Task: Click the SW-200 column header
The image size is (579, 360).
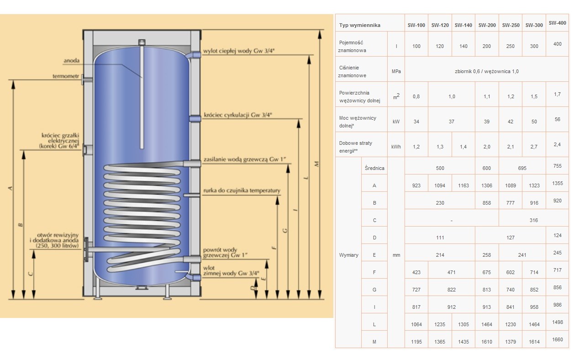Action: [487, 25]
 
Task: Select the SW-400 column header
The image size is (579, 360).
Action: [557, 22]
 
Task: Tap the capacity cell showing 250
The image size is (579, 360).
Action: [511, 46]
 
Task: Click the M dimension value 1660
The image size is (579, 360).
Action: [557, 339]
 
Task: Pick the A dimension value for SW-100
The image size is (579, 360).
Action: [416, 185]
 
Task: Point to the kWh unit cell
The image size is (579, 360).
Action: [395, 147]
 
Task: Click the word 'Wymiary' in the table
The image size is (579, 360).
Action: [349, 255]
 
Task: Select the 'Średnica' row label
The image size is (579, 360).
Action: [374, 168]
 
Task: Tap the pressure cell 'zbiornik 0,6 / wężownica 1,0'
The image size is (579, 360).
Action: [487, 71]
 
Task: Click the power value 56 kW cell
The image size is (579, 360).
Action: [557, 119]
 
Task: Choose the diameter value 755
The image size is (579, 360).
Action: [557, 166]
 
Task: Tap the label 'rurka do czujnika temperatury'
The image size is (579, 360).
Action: [242, 191]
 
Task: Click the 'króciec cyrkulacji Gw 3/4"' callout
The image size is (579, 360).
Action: [238, 115]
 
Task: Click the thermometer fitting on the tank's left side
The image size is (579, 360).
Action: [86, 81]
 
